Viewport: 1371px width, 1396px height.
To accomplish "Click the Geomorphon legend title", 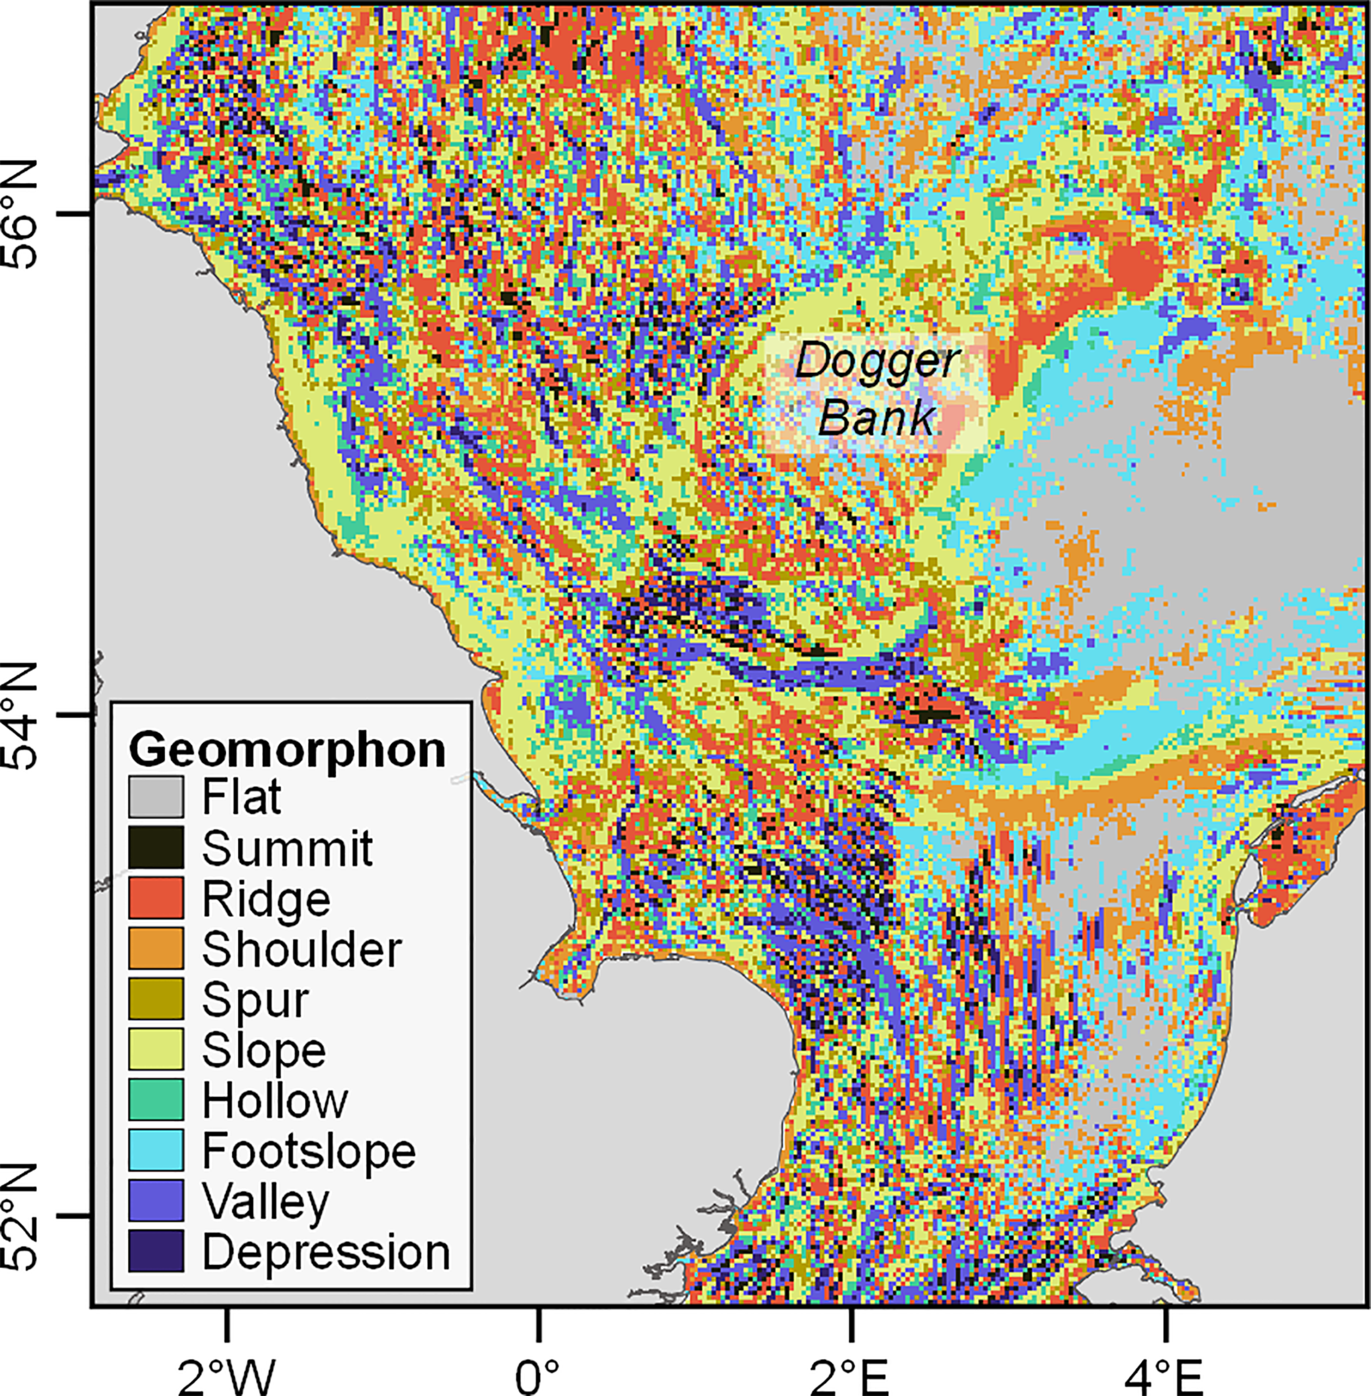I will coord(287,749).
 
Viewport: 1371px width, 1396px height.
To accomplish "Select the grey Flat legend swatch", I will coord(156,797).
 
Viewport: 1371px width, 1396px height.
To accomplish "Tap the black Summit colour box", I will coord(156,847).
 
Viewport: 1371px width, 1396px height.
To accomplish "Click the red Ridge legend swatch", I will coord(156,897).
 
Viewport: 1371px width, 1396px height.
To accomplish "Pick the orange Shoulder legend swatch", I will coord(156,948).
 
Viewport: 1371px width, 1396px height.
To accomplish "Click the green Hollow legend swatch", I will coord(156,1099).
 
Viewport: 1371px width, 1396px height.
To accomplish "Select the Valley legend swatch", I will coord(156,1201).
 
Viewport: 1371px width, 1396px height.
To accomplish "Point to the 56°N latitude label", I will coord(22,214).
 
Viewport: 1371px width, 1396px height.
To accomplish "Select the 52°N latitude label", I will coord(22,1217).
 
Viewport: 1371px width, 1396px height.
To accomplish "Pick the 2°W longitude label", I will coord(226,1374).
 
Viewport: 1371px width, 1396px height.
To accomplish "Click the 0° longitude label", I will coord(538,1374).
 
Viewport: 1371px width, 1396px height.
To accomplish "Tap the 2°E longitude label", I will coord(852,1374).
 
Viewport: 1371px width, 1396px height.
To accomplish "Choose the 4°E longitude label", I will coord(1165,1374).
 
